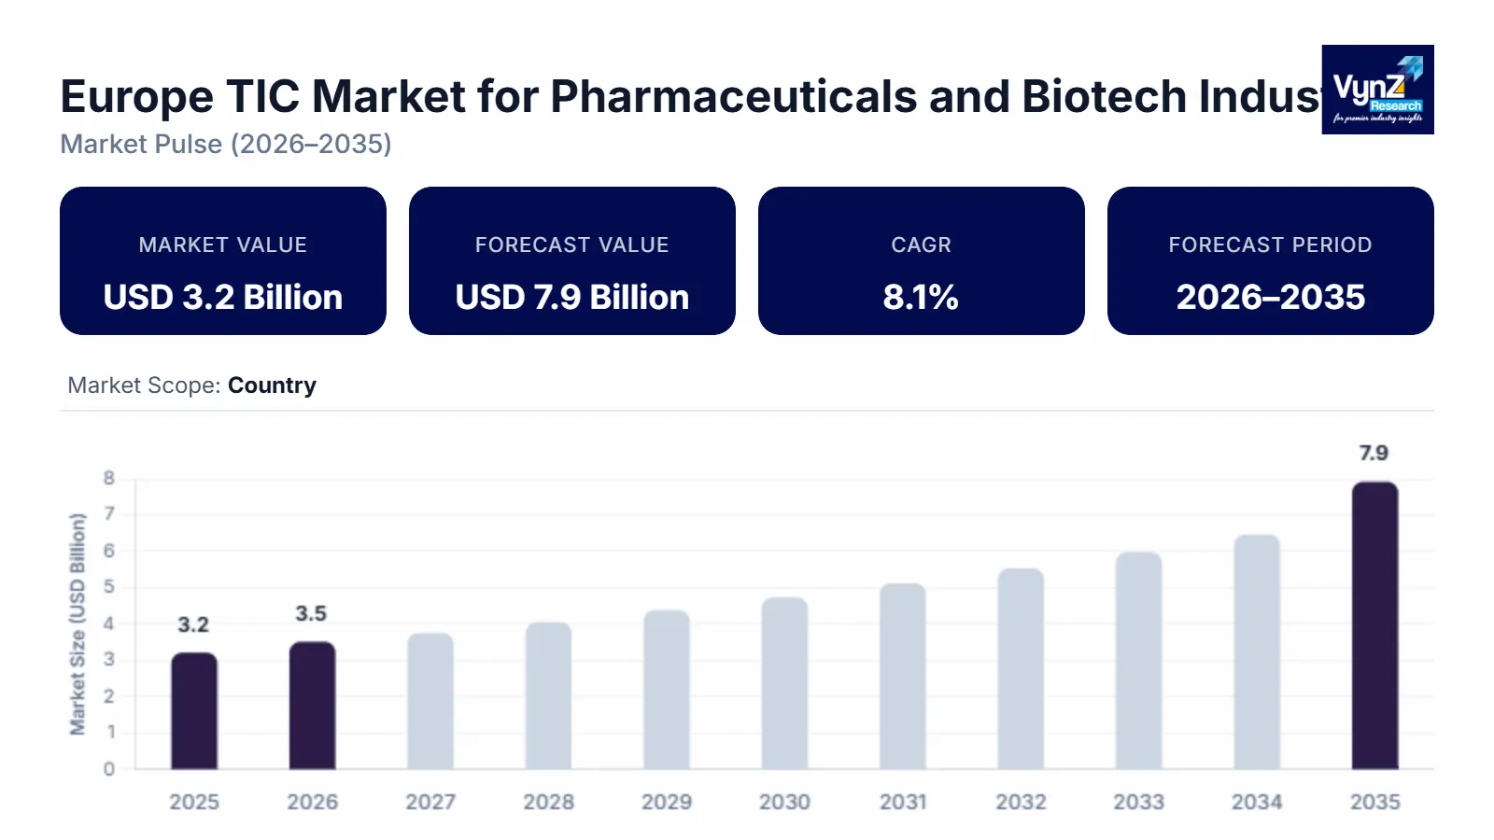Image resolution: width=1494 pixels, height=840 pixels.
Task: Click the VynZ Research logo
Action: point(1377,90)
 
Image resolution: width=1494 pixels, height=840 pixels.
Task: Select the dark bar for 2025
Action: point(194,711)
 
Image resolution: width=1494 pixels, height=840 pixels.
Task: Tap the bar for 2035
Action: point(1374,625)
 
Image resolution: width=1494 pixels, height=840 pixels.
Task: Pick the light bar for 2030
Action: point(784,683)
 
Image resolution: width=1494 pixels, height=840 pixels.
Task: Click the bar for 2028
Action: point(548,695)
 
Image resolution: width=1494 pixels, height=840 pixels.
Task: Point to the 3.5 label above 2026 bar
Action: point(311,614)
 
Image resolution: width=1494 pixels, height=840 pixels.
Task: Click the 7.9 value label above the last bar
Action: point(1374,454)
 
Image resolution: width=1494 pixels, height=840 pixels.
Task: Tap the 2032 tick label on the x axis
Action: point(1021,802)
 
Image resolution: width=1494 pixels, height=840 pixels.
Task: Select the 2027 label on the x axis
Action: point(430,802)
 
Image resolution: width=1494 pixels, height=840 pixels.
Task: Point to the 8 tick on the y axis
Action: point(109,478)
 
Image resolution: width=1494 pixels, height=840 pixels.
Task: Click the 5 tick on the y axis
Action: point(109,587)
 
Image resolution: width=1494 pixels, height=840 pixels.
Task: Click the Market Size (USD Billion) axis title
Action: point(78,623)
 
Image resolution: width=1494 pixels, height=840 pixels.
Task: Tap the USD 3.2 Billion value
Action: point(223,297)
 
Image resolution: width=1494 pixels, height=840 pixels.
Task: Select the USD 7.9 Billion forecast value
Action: point(572,297)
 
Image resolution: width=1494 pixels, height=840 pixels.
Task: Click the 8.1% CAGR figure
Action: point(921,297)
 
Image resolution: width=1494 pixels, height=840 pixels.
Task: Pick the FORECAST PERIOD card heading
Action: point(1270,245)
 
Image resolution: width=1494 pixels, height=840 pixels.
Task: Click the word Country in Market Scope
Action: point(272,385)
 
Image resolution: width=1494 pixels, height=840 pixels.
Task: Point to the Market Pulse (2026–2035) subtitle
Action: point(226,144)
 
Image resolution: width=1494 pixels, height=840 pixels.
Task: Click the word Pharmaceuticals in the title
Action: point(733,96)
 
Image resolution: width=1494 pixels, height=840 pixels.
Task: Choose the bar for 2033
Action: point(1138,661)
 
